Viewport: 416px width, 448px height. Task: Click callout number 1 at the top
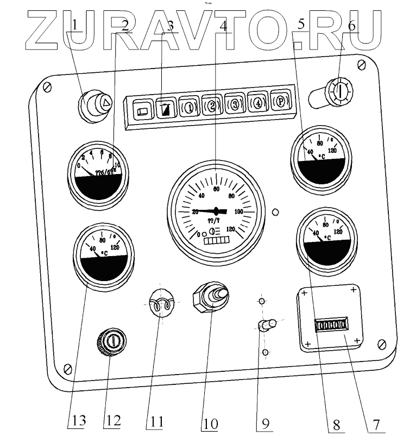[x=76, y=24]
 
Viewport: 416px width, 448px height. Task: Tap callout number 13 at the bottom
[x=76, y=422]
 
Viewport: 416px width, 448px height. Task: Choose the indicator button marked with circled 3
[x=235, y=103]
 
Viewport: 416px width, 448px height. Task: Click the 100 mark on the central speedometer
[x=238, y=211]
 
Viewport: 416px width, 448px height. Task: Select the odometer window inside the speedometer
[x=217, y=240]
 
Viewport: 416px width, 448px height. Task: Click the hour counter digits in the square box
[x=331, y=326]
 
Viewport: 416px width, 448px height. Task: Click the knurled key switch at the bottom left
[x=111, y=341]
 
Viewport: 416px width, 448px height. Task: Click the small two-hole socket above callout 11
[x=161, y=304]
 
